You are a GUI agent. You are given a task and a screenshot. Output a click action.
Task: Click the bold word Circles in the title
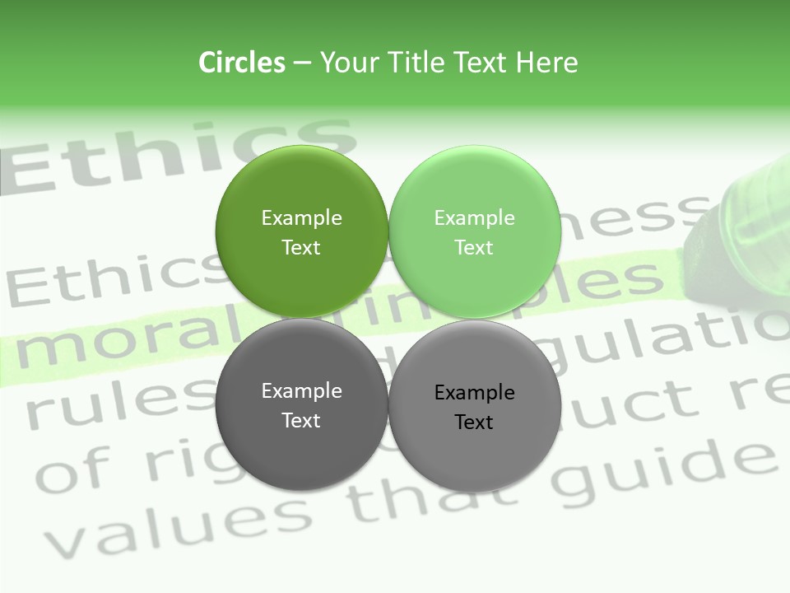coord(242,63)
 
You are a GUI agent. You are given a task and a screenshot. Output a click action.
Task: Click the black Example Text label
coord(474,407)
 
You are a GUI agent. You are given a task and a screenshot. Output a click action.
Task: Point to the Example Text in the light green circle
coord(474,232)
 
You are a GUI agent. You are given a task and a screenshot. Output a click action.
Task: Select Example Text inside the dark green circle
coord(301,232)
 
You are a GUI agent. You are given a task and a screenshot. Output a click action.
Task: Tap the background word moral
coord(107,343)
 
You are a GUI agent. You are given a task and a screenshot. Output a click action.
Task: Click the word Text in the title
coord(481,63)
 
